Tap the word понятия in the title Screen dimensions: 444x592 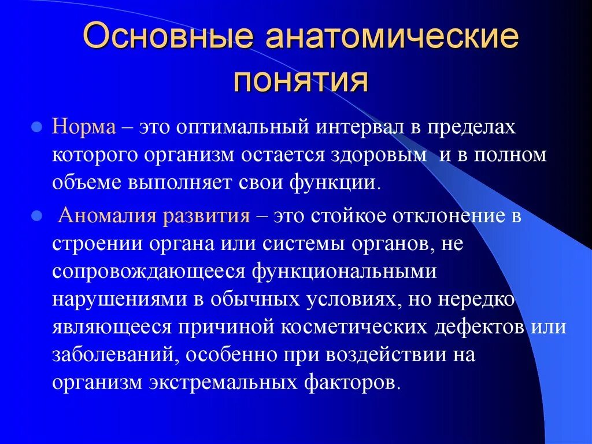click(301, 80)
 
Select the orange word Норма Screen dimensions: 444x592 click(84, 127)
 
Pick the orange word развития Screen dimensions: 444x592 click(206, 217)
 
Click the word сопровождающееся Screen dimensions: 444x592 click(150, 272)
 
